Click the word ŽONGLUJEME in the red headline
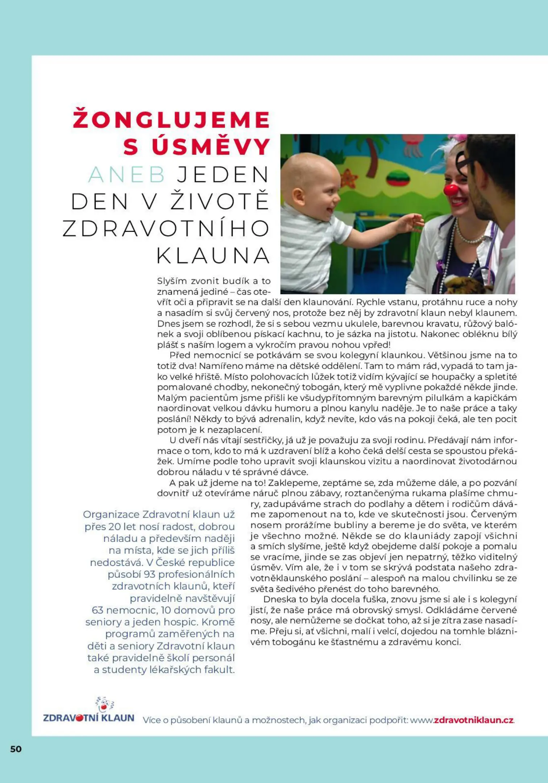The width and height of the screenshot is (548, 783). [x=171, y=120]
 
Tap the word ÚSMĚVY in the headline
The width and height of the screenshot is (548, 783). [x=211, y=147]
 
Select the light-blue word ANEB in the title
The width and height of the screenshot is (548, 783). [x=126, y=175]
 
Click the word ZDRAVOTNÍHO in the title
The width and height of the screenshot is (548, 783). [x=166, y=229]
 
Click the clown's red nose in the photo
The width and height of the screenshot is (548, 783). [x=452, y=190]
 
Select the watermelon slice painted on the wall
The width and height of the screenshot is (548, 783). [x=398, y=178]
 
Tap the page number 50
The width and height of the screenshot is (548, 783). [x=16, y=749]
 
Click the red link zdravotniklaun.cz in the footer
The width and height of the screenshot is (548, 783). [x=473, y=720]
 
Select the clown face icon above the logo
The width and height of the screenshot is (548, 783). [x=104, y=704]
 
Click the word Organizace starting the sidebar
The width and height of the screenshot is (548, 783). [x=111, y=514]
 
